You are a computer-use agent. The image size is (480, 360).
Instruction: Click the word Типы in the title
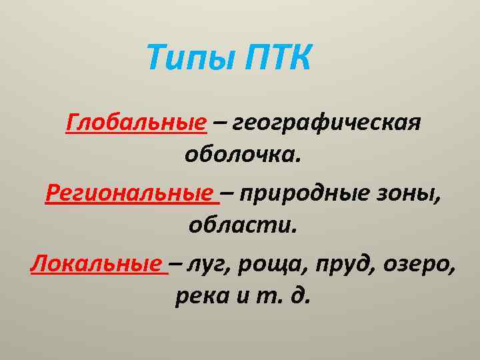pyautogui.click(x=189, y=59)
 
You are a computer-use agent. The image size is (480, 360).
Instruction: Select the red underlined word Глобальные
pyautogui.click(x=136, y=123)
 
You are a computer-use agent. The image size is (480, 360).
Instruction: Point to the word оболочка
pyautogui.click(x=243, y=157)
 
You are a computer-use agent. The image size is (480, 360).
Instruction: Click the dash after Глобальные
pyautogui.click(x=219, y=124)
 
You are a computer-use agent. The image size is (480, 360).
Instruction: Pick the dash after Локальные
pyautogui.click(x=175, y=264)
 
